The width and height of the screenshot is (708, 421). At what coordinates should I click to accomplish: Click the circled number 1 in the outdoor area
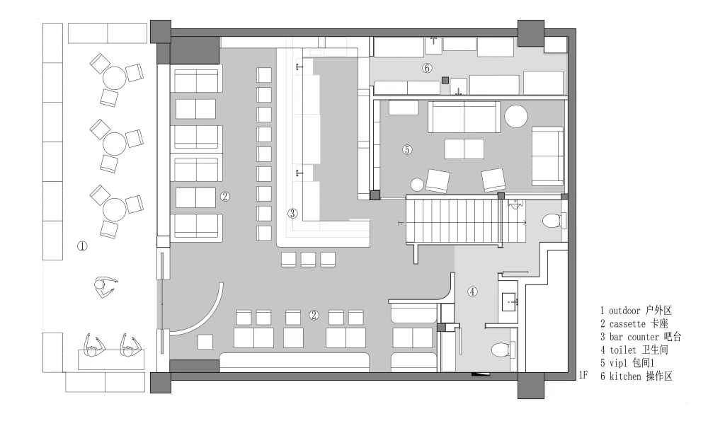tap(82, 246)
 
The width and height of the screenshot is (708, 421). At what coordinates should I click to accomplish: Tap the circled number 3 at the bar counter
tap(292, 213)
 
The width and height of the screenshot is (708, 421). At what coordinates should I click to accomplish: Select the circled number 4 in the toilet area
tap(472, 292)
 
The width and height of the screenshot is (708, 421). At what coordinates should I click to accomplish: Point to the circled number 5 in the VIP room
tap(407, 149)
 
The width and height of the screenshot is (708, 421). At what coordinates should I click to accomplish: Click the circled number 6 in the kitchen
tap(427, 68)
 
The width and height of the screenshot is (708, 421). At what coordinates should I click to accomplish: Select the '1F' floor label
tap(583, 375)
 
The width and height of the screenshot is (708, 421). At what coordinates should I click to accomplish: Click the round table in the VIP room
tap(516, 117)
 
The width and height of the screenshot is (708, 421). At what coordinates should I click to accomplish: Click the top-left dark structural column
tap(160, 31)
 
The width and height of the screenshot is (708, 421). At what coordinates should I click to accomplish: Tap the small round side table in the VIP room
tap(417, 185)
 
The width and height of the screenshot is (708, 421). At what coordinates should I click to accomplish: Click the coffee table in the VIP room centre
tap(464, 149)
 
